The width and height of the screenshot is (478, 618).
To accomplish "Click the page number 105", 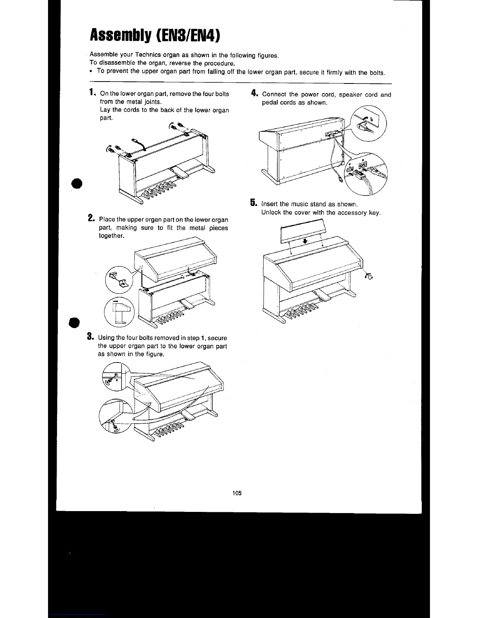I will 237,493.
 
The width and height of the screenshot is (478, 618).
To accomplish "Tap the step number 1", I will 92,92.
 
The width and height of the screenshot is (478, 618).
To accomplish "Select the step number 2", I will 91,218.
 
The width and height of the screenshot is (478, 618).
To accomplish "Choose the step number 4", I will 254,93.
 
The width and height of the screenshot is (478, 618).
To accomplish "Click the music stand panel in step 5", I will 303,232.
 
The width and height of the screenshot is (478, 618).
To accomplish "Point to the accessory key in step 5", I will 368,277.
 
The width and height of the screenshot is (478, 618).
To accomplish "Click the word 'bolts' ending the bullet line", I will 377,73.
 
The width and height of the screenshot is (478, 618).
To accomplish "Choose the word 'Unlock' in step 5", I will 271,213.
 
